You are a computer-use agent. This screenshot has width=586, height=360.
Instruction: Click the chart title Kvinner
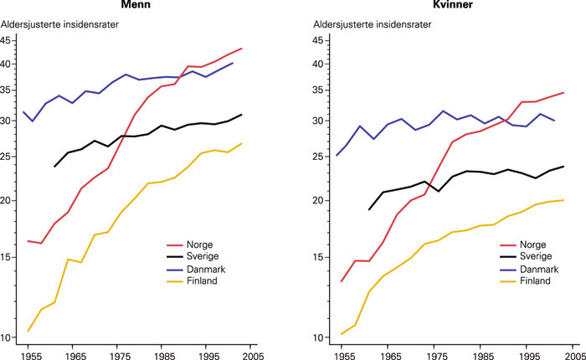pos(441,6)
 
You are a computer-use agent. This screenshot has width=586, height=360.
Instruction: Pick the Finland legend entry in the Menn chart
pos(205,281)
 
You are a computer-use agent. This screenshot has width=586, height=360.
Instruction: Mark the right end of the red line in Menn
pos(242,49)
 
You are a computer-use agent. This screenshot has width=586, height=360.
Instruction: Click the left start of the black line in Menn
pos(54,167)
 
